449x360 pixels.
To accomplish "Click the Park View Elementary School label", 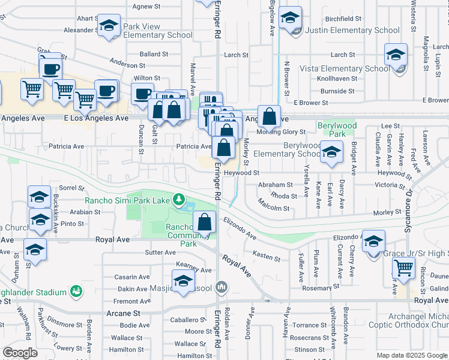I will click(158, 31).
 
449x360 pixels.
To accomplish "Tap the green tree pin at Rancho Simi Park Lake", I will click(178, 199).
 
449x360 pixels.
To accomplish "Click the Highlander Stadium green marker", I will click(76, 292).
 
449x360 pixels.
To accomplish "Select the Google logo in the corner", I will click(20, 352).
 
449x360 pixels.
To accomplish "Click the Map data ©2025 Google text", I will click(412, 355).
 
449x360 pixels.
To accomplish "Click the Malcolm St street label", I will click(273, 209).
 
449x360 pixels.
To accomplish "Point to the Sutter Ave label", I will click(160, 253).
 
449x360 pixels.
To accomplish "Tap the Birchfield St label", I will click(343, 19).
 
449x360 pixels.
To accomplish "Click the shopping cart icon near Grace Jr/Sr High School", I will click(403, 271).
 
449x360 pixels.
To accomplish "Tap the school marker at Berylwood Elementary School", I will click(330, 152).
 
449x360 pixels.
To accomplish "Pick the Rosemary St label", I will click(316, 288).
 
